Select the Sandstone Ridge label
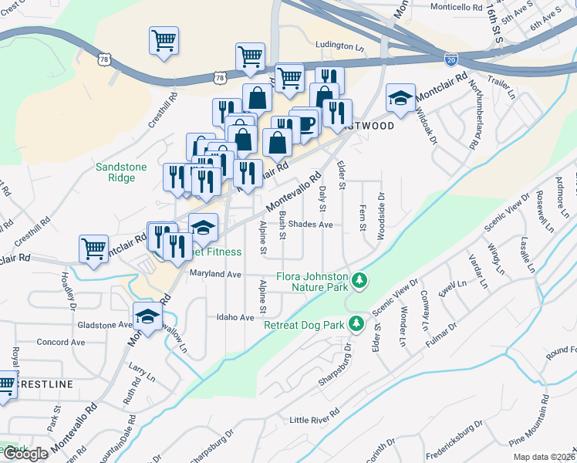pyautogui.click(x=116, y=172)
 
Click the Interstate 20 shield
pyautogui.click(x=452, y=58)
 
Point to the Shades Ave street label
pyautogui.click(x=310, y=225)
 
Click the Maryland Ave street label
pyautogui.click(x=217, y=274)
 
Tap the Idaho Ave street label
pyautogui.click(x=235, y=317)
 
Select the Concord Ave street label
pyautogui.click(x=61, y=342)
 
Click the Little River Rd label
pyautogui.click(x=314, y=419)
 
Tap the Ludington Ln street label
pyautogui.click(x=339, y=47)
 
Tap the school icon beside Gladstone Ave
pyautogui.click(x=147, y=316)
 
